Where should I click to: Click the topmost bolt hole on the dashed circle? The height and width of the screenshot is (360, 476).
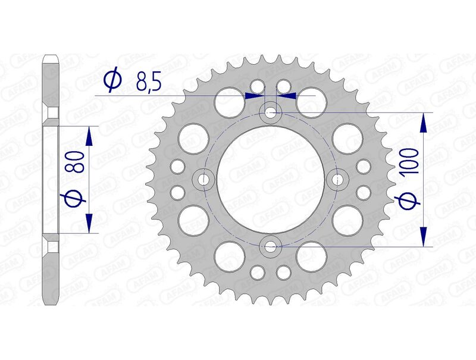point(271,112)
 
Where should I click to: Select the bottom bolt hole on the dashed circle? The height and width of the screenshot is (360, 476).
point(271,245)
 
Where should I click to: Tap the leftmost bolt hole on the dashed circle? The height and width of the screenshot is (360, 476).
point(205,179)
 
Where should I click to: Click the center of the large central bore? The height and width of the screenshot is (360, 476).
point(271,179)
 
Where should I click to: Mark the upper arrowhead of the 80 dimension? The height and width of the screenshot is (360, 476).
point(89,136)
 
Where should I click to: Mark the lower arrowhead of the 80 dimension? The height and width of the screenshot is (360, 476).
point(89,223)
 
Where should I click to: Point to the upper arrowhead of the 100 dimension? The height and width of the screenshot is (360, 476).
point(424,122)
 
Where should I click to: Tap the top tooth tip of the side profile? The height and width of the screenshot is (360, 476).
point(51,58)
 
